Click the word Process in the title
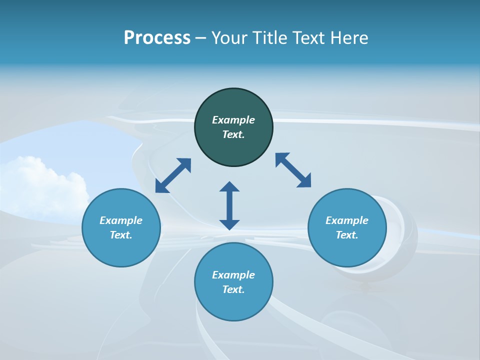click(157, 38)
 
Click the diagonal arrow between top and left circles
click(173, 175)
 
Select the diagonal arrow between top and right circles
click(293, 170)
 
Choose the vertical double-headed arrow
click(229, 205)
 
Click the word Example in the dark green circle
click(233, 120)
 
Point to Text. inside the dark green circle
click(233, 134)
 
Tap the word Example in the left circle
click(121, 220)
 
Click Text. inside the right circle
click(347, 235)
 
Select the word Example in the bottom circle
click(233, 275)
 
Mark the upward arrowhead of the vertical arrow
click(229, 187)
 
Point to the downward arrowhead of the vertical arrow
click(229, 224)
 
